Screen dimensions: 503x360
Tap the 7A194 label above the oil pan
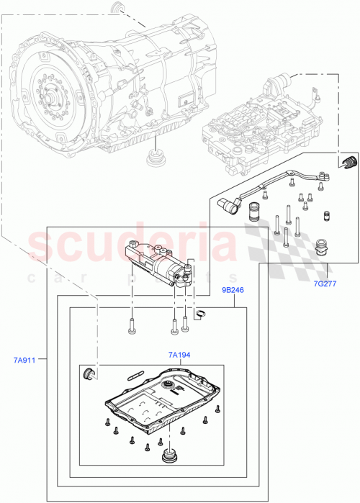click(180, 355)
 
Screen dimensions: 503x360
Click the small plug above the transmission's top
click(115, 9)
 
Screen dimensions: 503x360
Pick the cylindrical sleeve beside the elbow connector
click(254, 213)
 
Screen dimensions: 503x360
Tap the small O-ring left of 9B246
click(202, 312)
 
